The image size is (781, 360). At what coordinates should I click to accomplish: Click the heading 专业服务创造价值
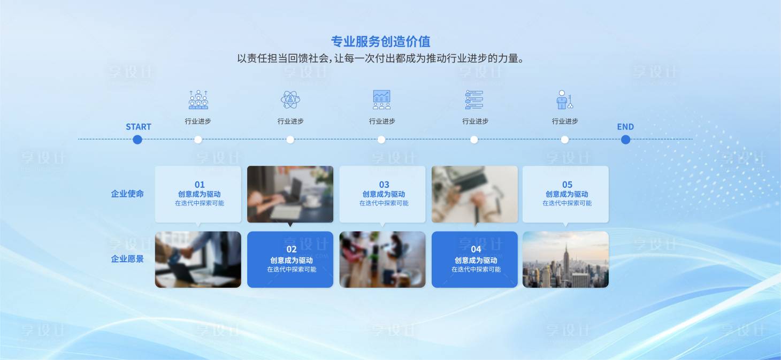tap(380, 42)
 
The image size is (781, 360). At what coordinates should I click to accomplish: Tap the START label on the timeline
tap(139, 127)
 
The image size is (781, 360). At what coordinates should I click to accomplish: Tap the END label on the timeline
tap(625, 127)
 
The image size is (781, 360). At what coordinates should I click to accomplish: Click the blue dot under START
tap(137, 140)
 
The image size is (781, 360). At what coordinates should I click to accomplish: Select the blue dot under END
tap(625, 140)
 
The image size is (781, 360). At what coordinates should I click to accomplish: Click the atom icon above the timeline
tap(290, 99)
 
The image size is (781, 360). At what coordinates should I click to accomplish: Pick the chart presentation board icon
tap(381, 99)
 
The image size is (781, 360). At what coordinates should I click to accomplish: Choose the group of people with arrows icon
tap(198, 99)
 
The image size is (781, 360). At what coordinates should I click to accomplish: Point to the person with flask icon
tap(564, 99)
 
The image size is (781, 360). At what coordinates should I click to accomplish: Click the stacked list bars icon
tap(474, 99)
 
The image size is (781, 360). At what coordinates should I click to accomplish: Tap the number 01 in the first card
tap(200, 185)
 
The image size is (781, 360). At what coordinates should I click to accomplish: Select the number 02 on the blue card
tap(292, 249)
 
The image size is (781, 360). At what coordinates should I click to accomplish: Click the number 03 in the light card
tap(384, 185)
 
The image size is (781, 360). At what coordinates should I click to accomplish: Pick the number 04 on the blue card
tap(476, 249)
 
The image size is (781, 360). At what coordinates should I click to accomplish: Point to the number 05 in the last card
tap(567, 185)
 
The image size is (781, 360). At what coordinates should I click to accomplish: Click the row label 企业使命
tap(127, 194)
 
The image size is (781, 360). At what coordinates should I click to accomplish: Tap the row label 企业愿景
tap(127, 259)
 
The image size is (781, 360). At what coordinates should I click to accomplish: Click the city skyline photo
tap(565, 259)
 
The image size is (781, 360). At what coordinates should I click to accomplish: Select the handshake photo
tap(198, 259)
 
